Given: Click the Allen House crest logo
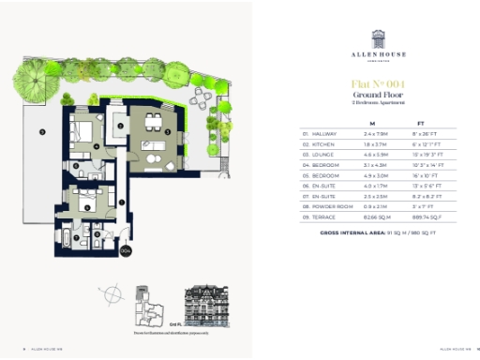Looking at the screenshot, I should pos(380,37).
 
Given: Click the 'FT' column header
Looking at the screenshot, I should pos(421,123).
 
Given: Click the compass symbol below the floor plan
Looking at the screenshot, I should pos(112,295).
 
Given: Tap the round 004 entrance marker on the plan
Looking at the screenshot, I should pos(125,250).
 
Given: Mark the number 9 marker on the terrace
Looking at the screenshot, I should pos(42,132).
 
